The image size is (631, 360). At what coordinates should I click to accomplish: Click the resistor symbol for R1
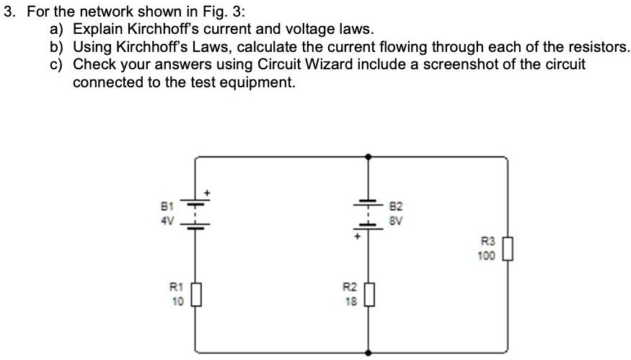[x=195, y=296]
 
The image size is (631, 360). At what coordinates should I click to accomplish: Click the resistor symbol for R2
[x=369, y=296]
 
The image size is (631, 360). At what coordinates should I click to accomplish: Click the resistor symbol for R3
[x=508, y=250]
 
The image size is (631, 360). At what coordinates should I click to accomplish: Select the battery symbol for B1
[x=195, y=214]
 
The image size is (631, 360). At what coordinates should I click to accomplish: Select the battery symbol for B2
[x=369, y=213]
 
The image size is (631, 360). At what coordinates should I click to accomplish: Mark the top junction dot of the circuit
[x=369, y=155]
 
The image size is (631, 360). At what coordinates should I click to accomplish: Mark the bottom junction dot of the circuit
[x=369, y=354]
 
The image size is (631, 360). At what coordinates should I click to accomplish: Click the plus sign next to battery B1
[x=208, y=193]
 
